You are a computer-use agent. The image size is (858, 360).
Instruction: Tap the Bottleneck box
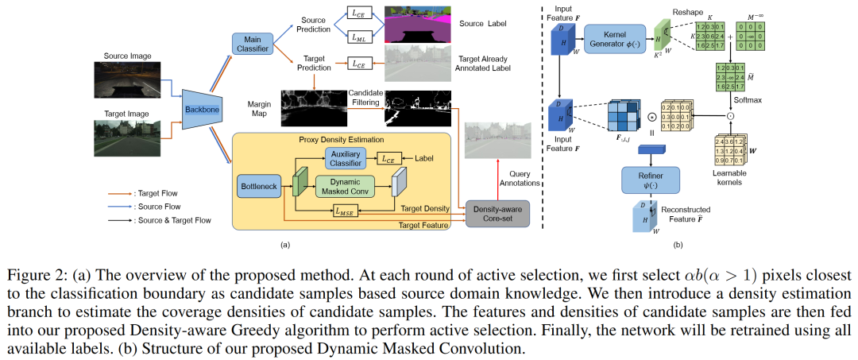(x=259, y=188)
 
